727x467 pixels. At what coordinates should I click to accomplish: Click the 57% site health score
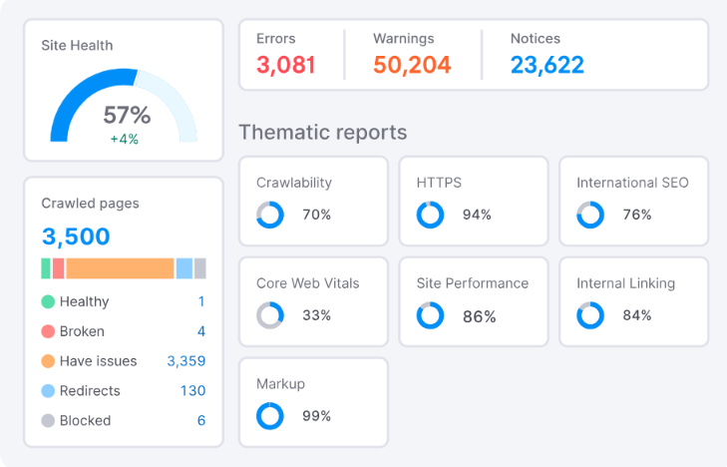point(127,114)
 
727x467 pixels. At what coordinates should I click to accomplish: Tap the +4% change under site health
point(124,139)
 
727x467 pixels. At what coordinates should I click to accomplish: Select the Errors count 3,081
point(286,66)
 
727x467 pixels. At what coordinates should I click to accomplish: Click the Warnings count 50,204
point(412,66)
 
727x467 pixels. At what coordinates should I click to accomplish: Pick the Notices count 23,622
point(546,66)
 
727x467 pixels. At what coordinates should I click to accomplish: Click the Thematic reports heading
point(322,132)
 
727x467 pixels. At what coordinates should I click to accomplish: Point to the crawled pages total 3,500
point(76,236)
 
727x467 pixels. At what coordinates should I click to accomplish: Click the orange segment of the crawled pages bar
point(120,268)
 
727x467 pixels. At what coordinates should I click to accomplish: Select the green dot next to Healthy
point(48,301)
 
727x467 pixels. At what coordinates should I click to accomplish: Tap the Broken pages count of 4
point(200,331)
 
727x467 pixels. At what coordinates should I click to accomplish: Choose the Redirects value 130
point(192,391)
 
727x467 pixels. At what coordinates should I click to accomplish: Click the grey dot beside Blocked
point(48,421)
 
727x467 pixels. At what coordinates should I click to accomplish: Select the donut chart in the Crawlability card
point(270,215)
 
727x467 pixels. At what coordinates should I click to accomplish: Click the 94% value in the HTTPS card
point(477,215)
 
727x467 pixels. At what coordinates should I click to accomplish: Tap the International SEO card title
point(632,183)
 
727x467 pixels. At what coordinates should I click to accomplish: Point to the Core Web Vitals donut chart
point(270,315)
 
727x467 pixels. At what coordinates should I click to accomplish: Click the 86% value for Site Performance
point(479,316)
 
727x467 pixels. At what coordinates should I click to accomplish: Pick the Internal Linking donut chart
point(590,315)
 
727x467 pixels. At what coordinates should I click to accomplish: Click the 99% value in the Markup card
point(316,416)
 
